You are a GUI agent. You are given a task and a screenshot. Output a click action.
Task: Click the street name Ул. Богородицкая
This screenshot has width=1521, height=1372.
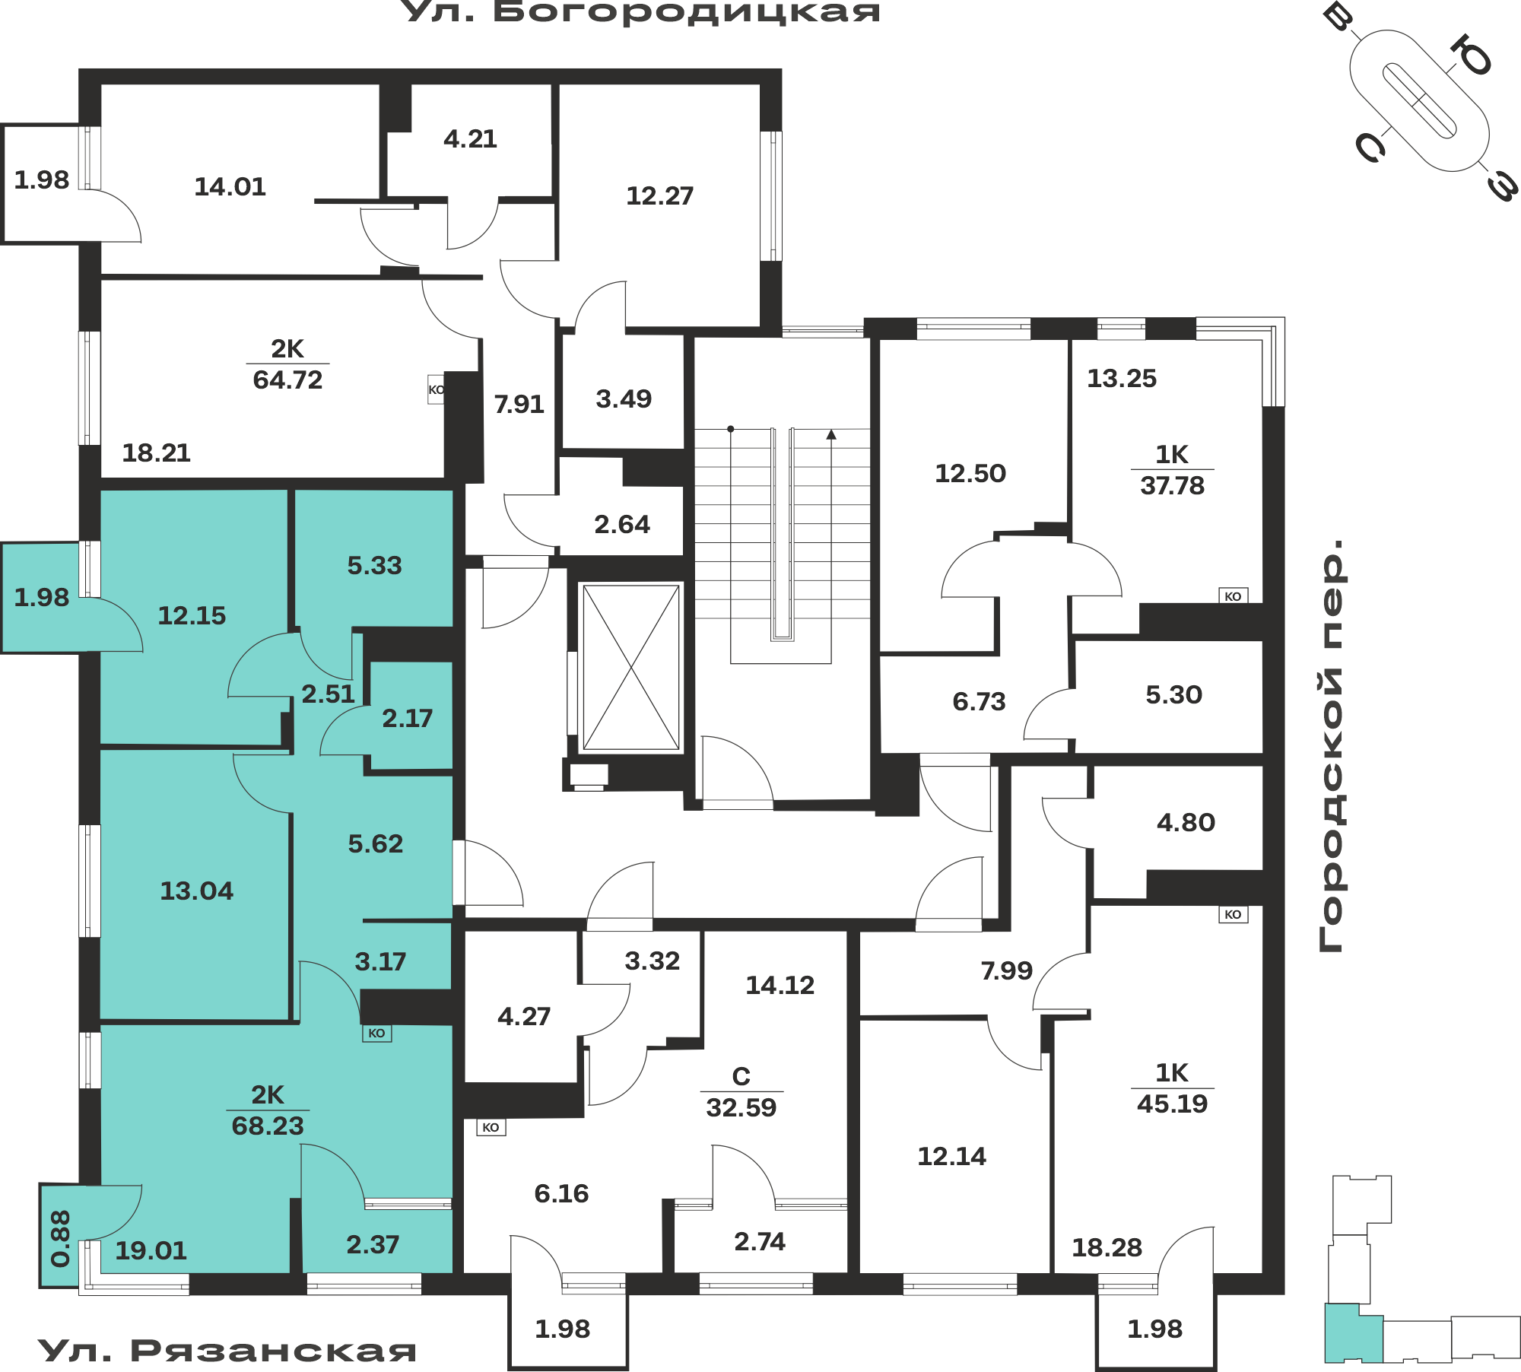pos(640,12)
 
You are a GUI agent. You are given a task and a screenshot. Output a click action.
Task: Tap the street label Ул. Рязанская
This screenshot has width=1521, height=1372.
pos(227,1351)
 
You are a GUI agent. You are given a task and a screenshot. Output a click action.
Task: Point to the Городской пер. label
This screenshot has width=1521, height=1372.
pos(1331,745)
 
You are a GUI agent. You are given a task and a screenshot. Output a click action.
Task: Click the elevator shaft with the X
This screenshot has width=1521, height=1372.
pos(630,667)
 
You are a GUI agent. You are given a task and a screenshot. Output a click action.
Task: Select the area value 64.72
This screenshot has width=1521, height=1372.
pos(287,380)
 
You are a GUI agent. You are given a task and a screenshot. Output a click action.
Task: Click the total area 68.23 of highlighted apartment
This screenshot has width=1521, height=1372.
pos(268,1126)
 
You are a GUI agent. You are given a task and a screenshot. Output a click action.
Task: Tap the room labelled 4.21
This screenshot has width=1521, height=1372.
pos(470,138)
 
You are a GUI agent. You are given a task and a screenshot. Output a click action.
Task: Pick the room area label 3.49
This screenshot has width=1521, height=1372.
pos(624,399)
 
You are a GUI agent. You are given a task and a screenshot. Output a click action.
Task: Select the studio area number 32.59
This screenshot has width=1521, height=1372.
pos(741,1107)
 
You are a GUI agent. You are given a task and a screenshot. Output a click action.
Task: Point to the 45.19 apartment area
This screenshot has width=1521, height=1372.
pos(1172,1104)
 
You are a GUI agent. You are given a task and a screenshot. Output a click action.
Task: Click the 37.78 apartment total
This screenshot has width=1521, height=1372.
pos(1172,485)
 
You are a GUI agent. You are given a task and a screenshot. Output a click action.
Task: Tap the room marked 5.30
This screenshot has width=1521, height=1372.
pos(1173,694)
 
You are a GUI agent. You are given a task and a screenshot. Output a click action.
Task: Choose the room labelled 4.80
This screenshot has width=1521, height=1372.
pos(1186,822)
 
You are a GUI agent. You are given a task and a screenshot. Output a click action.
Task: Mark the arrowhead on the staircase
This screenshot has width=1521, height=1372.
pos(831,434)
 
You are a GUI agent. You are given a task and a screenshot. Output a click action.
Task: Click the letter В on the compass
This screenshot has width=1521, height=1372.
pos(1337,16)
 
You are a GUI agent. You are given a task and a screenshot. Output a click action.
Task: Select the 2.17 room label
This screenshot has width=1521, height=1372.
pos(407,718)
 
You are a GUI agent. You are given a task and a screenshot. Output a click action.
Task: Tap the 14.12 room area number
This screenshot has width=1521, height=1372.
pos(780,985)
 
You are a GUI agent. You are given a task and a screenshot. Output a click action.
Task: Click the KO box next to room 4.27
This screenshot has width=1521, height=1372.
pos(491,1127)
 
